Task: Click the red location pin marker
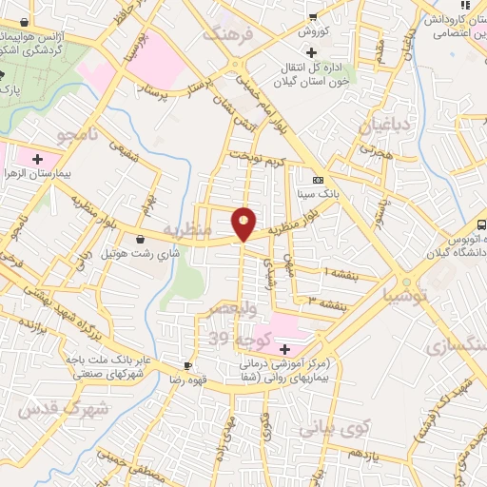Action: click(x=244, y=223)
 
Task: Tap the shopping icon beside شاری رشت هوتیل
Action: click(x=142, y=239)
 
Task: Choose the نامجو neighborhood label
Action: click(x=77, y=135)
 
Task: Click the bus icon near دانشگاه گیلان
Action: click(x=481, y=225)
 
